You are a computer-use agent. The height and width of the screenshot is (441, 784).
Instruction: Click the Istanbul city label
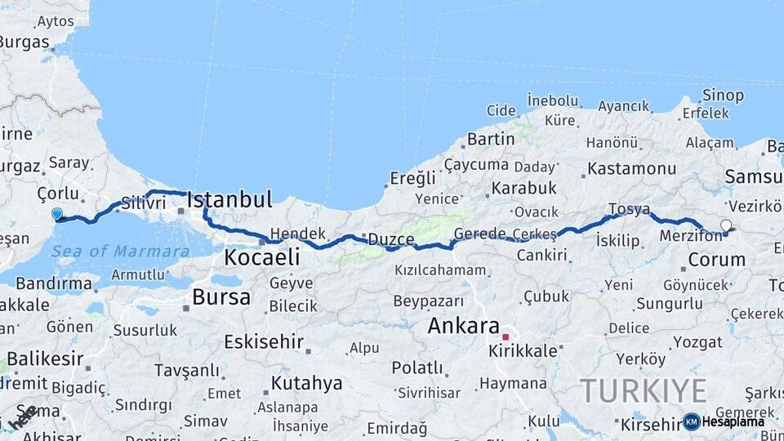229,199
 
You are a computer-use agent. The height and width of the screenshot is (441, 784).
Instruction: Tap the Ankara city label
464,325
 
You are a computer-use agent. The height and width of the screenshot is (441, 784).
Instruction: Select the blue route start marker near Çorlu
57,215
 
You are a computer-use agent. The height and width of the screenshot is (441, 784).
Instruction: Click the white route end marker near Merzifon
726,225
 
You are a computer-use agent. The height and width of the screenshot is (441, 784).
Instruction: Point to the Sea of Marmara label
120,251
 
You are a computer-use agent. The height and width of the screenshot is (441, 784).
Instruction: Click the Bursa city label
221,296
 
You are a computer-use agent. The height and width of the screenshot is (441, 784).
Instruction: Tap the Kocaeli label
261,257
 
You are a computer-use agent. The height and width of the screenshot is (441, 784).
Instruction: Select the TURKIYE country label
644,390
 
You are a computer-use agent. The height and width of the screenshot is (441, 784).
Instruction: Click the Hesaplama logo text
733,422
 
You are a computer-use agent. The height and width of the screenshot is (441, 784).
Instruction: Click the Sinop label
724,96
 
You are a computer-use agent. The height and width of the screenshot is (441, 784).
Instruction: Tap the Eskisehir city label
263,341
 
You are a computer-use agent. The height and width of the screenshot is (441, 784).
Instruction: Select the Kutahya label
306,383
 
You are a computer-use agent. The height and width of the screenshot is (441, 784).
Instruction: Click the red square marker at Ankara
506,336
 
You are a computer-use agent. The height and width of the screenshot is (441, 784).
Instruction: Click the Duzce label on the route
391,239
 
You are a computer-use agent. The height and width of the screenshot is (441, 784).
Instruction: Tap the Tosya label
629,209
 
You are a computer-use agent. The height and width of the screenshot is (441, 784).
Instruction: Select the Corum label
717,260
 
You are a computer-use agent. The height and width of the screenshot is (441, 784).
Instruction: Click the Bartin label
491,139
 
